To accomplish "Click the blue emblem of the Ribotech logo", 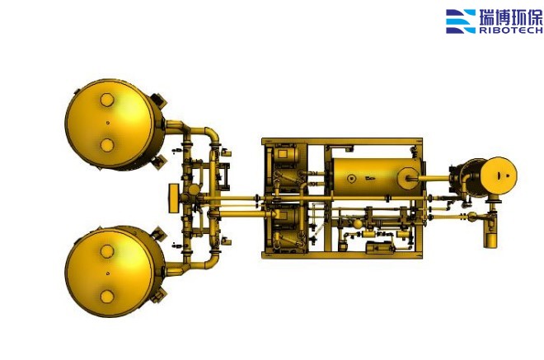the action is pos(461,21).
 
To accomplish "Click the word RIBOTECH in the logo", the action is pos(511,30).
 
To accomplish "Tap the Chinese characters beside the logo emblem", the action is pos(511,17).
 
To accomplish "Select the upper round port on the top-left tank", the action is pos(107,101).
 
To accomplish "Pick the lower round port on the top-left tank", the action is pos(107,145).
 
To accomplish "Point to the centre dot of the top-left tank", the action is pos(107,123).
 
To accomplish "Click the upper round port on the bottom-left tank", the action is pos(107,251).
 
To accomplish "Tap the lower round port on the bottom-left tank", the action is pos(107,297).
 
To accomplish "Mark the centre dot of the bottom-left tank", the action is pos(107,274).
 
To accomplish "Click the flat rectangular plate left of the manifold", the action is pos(173,198).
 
